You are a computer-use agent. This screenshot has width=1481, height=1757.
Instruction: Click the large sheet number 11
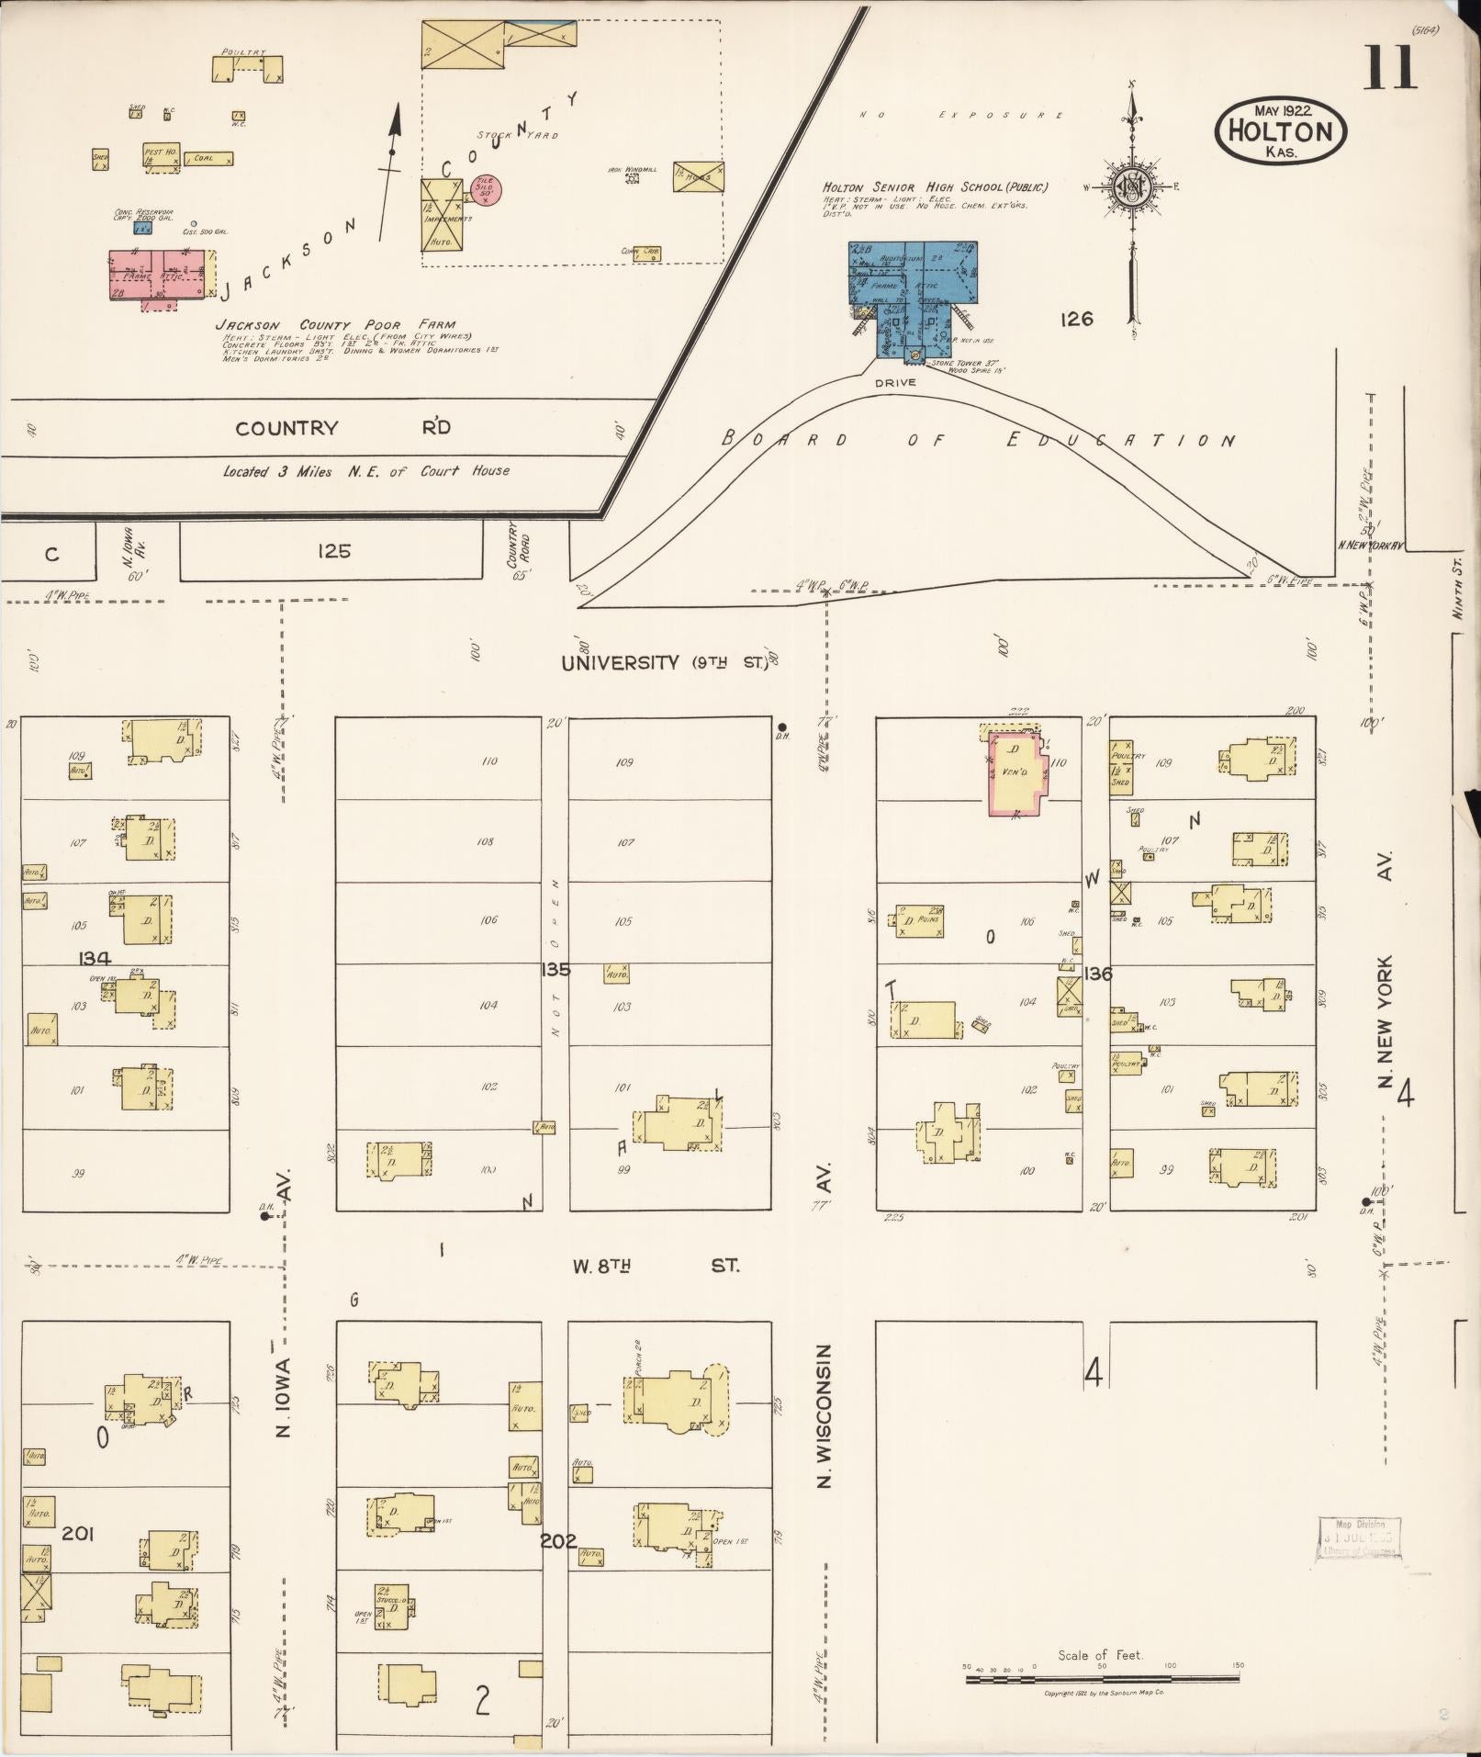[x=1390, y=68]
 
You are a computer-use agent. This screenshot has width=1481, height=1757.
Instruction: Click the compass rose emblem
[x=1131, y=188]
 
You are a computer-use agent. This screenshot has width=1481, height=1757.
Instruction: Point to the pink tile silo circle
[x=485, y=188]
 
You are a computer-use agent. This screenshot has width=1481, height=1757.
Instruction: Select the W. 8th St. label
[x=656, y=1266]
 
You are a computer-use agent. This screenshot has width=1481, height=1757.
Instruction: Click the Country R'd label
[x=340, y=428]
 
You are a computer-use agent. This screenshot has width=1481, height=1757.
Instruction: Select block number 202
[x=557, y=1540]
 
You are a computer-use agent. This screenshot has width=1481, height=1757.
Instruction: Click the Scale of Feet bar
[x=1102, y=1679]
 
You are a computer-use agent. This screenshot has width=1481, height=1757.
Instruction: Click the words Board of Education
[x=978, y=440]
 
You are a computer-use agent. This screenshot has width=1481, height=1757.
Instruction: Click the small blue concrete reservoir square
[x=142, y=229]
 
